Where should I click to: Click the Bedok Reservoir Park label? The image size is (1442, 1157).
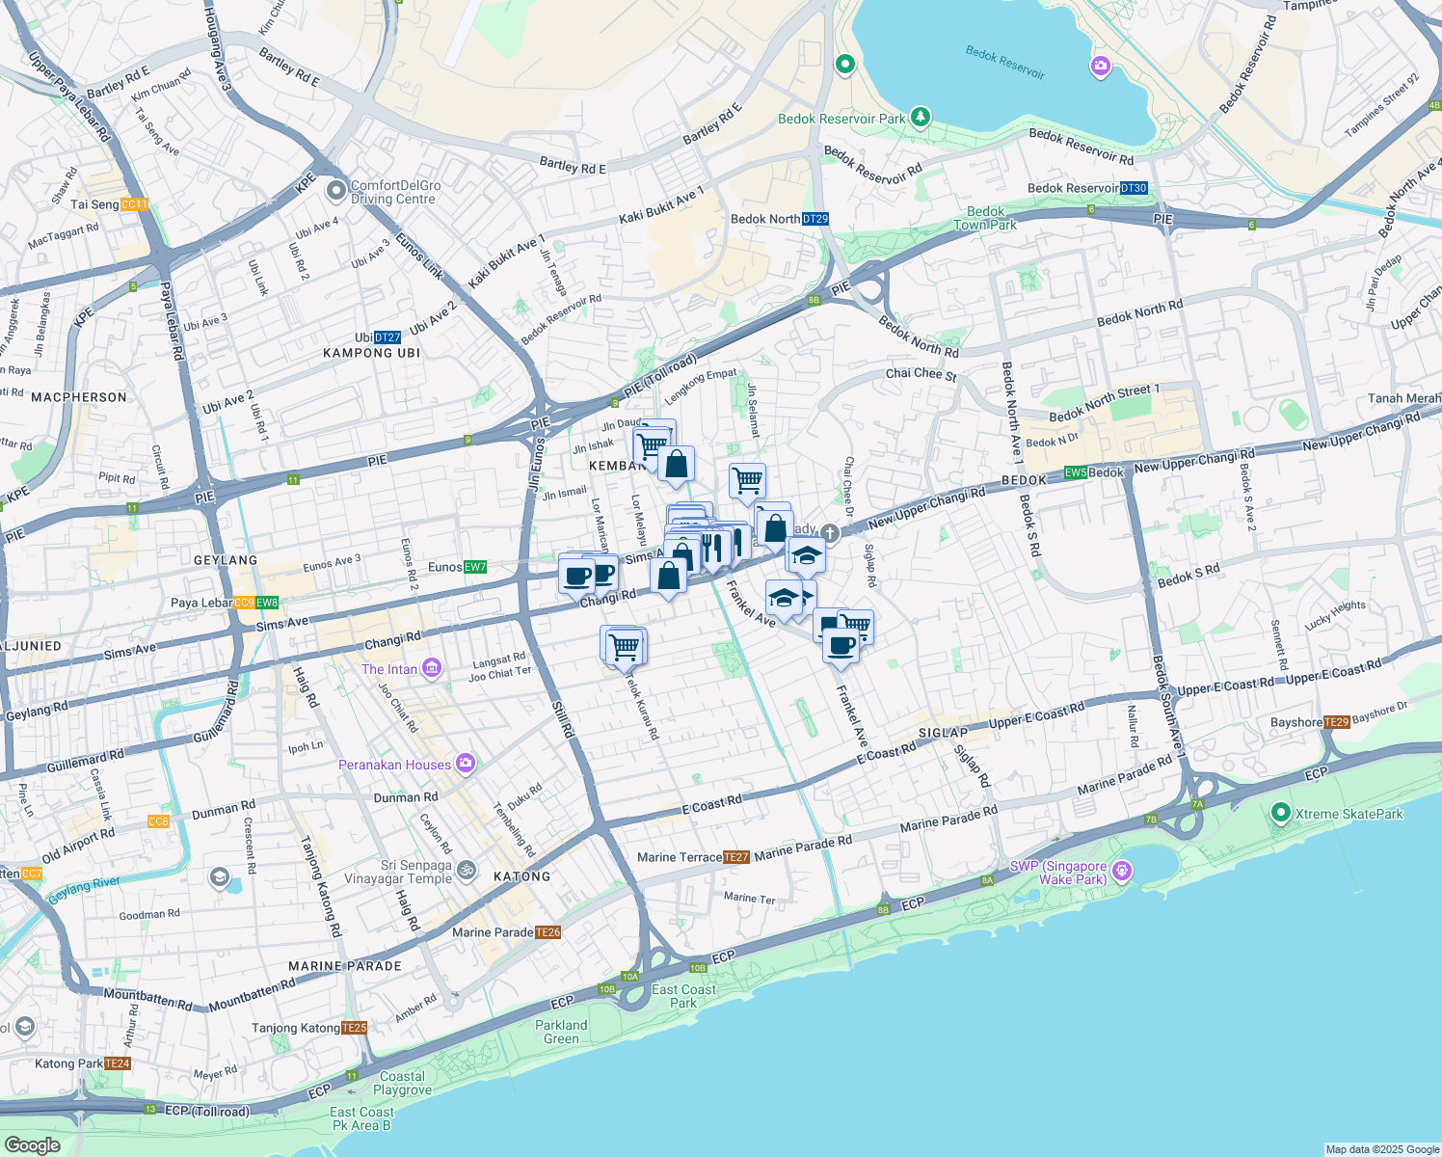[841, 119]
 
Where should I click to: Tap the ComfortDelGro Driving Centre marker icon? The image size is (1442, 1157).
[335, 191]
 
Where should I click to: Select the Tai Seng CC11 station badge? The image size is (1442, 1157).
[135, 204]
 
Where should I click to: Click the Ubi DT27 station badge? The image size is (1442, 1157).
[387, 337]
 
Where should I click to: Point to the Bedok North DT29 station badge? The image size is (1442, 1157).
[815, 219]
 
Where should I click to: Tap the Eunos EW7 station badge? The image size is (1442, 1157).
[475, 567]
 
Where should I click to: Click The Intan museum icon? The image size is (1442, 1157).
[431, 668]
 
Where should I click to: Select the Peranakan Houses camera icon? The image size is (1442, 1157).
[466, 764]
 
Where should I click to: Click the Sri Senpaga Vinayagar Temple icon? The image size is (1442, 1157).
[466, 871]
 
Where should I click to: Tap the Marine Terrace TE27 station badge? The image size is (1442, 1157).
[735, 857]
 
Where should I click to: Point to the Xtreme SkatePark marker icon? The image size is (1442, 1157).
[1280, 813]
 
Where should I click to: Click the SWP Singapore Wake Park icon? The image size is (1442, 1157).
[1121, 872]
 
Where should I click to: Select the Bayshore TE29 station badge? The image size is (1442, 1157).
[1337, 722]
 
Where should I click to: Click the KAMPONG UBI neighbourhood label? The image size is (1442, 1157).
[372, 353]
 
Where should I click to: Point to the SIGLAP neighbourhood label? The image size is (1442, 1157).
[943, 733]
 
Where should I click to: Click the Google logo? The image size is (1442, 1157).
[32, 1145]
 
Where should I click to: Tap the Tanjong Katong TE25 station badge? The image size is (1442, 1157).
[355, 1028]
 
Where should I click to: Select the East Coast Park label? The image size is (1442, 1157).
[683, 996]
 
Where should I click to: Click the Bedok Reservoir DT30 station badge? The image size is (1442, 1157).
[1135, 188]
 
